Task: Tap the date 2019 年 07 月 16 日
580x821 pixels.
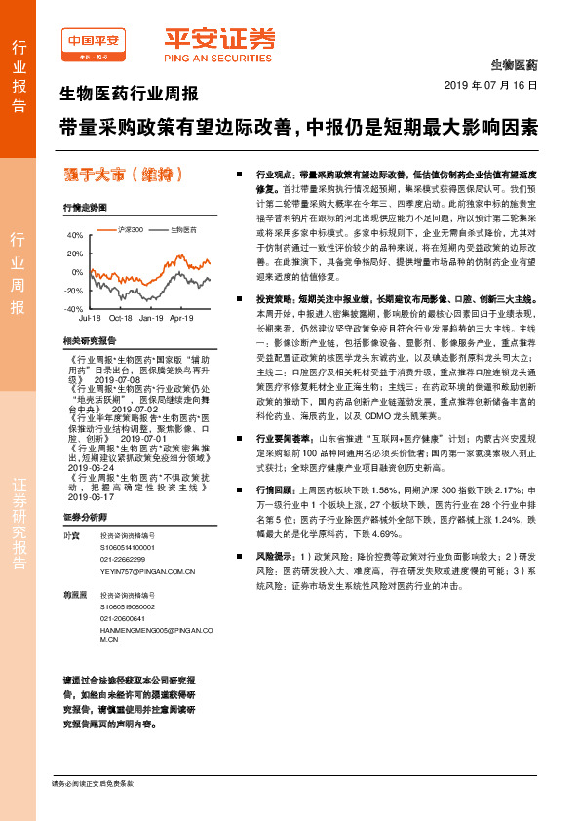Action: click(x=497, y=86)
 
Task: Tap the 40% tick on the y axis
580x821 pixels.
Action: click(x=74, y=236)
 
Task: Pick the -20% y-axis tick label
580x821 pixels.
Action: click(x=73, y=291)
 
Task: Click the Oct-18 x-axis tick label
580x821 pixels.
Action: click(x=121, y=318)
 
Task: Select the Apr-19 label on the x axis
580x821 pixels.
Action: click(x=182, y=318)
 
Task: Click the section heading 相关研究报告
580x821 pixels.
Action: click(x=89, y=340)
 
